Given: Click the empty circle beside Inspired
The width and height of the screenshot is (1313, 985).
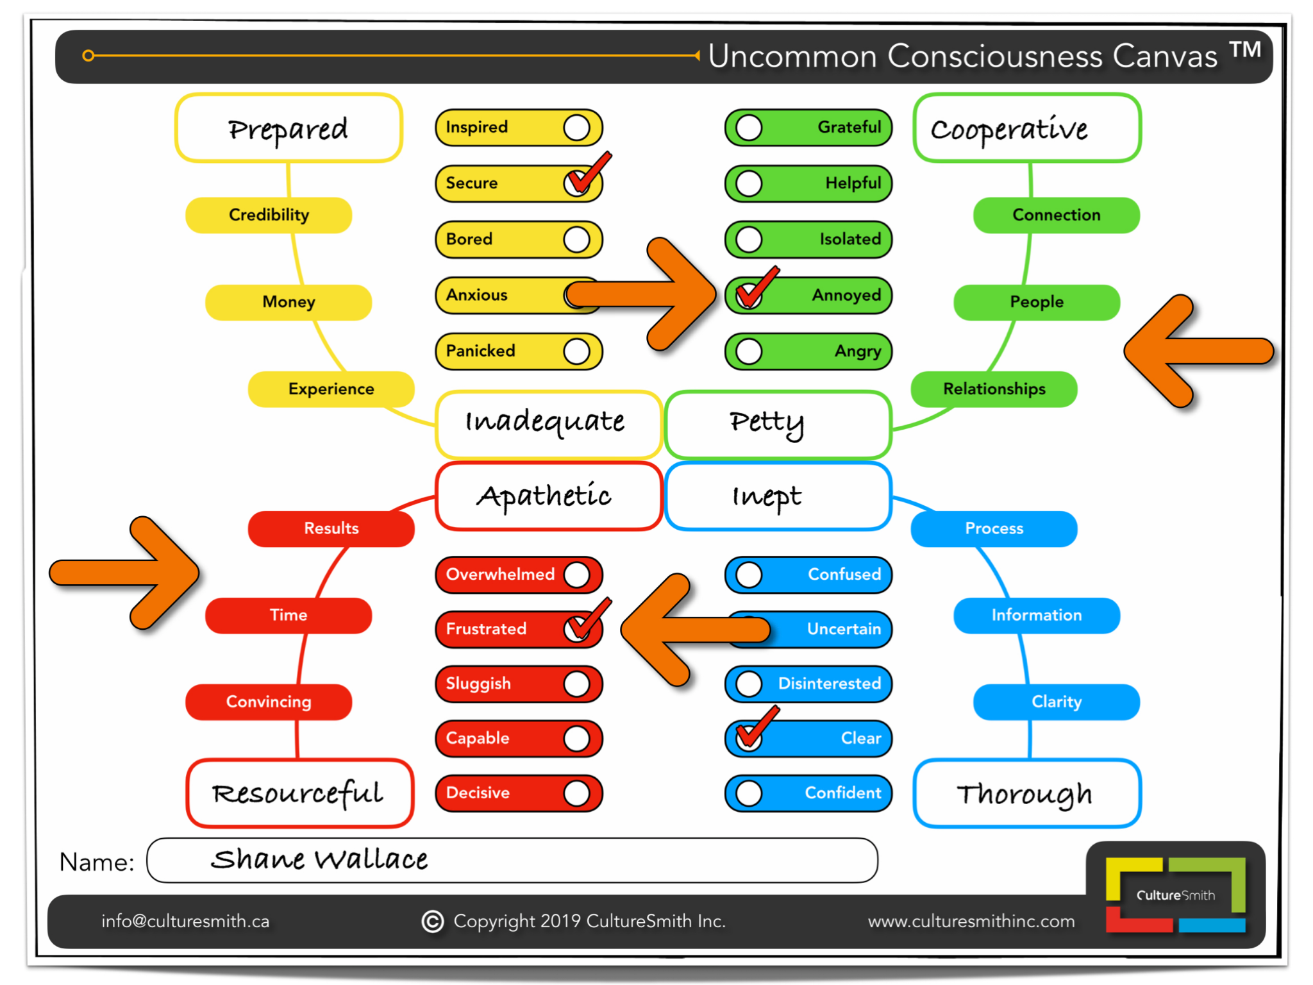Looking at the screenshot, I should tap(576, 128).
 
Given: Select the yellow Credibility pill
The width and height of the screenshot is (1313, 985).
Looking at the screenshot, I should tap(269, 215).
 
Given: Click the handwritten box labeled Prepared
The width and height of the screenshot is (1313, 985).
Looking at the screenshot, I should tap(289, 128).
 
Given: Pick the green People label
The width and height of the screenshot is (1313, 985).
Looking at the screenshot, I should tap(1036, 302).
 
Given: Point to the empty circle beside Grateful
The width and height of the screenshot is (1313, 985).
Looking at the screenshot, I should tap(749, 128).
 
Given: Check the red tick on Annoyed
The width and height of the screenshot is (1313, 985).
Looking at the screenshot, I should tap(755, 287).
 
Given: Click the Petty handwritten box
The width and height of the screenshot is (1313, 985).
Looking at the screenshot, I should tap(778, 423).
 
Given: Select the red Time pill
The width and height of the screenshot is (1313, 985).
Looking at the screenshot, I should tap(289, 615).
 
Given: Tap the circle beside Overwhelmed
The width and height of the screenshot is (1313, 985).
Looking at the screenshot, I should tap(576, 575).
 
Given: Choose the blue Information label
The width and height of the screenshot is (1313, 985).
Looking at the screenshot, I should tap(1036, 615).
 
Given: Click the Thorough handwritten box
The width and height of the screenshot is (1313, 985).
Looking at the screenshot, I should tap(1026, 793).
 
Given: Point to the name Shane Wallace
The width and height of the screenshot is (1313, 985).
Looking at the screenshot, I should tap(319, 859).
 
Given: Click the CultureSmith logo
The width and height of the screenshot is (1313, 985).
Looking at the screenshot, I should tap(1175, 895).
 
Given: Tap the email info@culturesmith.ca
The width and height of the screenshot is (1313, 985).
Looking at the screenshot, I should tap(185, 922).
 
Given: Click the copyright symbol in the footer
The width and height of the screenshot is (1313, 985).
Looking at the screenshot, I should tap(433, 922).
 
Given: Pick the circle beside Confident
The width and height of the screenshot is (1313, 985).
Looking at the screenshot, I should tap(749, 793).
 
